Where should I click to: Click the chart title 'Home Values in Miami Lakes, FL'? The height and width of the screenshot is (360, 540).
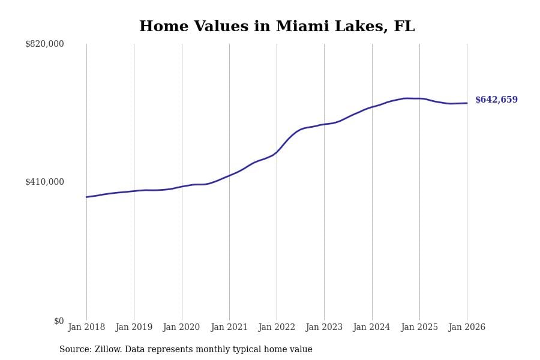(x=277, y=27)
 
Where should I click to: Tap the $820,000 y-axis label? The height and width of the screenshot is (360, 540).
(x=44, y=44)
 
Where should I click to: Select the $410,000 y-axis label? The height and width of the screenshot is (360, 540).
(x=44, y=182)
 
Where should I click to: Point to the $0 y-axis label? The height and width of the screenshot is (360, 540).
(x=59, y=321)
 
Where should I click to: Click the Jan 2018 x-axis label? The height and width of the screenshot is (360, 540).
(x=86, y=328)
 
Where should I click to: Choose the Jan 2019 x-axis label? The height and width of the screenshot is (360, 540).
(x=134, y=328)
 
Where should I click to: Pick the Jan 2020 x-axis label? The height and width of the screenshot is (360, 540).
(x=182, y=328)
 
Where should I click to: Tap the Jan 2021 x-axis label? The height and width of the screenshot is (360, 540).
(x=229, y=328)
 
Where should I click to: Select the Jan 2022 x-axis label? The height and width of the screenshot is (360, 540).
(x=277, y=328)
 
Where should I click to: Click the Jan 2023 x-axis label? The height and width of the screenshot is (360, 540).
(x=324, y=328)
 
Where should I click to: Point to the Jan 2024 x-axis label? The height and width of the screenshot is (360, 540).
(x=372, y=328)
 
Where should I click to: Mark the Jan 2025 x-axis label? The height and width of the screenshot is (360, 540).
(x=419, y=328)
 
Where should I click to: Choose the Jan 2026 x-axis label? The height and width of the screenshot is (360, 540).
(x=467, y=328)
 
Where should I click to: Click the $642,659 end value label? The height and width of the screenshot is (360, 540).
(x=496, y=100)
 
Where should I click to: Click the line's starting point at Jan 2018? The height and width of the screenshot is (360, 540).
(x=86, y=197)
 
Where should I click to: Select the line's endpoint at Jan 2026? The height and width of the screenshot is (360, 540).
(x=467, y=103)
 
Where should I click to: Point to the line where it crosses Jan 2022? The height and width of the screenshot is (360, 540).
(x=277, y=151)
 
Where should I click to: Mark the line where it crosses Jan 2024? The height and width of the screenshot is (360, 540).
(x=372, y=107)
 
